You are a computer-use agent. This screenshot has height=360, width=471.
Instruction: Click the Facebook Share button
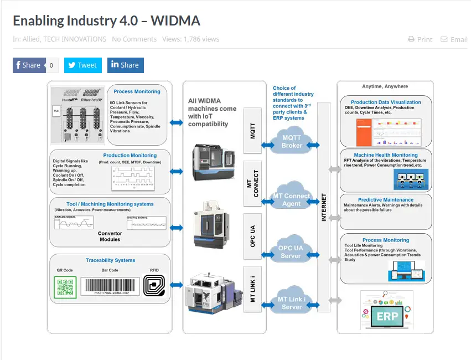click(28, 65)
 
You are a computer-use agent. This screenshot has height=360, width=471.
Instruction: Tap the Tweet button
click(82, 65)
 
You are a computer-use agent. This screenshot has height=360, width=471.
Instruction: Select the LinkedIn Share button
click(125, 65)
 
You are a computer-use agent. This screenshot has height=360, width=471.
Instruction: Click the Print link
click(420, 39)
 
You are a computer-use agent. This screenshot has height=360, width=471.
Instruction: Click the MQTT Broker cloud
click(292, 142)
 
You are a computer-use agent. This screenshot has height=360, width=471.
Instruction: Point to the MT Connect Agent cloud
click(292, 199)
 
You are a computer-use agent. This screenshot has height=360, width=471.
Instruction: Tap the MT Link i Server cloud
click(292, 303)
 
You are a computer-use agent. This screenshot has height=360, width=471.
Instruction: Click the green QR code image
click(65, 287)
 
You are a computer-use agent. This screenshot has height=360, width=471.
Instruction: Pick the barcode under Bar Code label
click(110, 286)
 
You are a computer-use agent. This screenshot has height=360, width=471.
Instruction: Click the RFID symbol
click(154, 286)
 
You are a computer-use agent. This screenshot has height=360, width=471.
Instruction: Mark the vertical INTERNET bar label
click(324, 207)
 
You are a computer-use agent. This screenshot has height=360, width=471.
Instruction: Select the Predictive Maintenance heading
click(385, 200)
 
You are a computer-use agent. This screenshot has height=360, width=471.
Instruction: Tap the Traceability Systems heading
click(110, 260)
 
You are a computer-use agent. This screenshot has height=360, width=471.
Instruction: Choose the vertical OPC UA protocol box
click(253, 236)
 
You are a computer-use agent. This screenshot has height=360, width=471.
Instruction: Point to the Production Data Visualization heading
click(386, 102)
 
